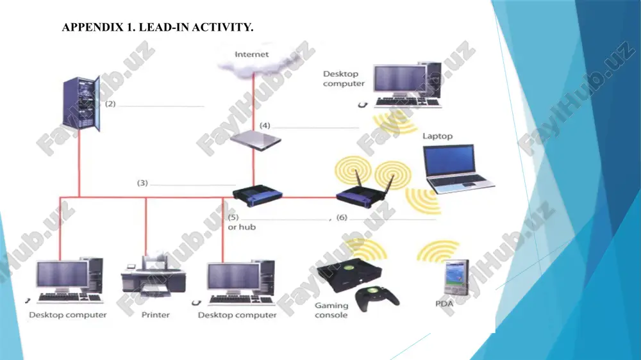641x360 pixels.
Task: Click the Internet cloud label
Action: click(251, 54)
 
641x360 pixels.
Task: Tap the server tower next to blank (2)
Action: click(81, 104)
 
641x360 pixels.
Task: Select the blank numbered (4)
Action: click(315, 127)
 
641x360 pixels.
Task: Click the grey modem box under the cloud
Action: click(256, 140)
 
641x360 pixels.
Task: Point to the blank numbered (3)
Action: click(192, 185)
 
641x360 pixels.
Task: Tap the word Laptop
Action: click(437, 136)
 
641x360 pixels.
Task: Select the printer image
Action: click(153, 277)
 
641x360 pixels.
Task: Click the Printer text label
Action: click(155, 315)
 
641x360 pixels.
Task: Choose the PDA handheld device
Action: click(456, 277)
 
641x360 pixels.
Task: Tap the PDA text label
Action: click(444, 304)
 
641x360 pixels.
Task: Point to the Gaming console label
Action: click(331, 310)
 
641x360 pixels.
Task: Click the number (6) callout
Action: click(342, 217)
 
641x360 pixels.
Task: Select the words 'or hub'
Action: click(242, 227)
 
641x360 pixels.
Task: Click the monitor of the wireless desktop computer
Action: click(400, 80)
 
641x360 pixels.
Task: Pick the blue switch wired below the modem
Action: click(258, 195)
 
